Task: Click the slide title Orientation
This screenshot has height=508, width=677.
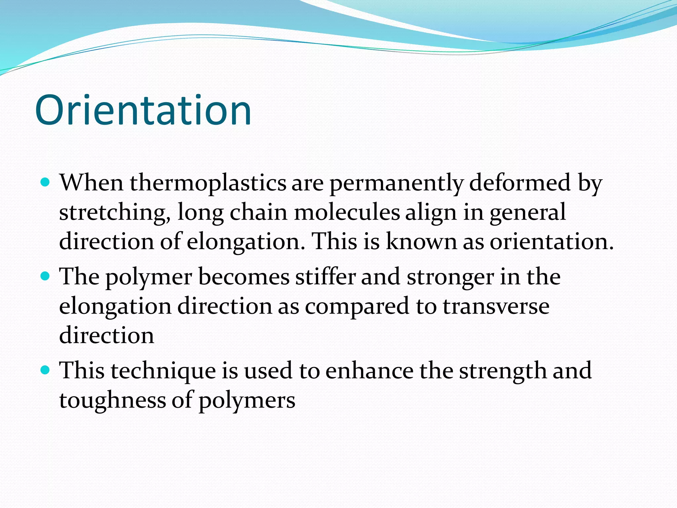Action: point(143,110)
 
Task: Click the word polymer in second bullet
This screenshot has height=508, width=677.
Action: point(148,277)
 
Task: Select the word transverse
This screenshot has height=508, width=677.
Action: point(496,306)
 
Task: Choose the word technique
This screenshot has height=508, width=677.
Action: point(163,371)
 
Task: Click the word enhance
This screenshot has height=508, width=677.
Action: point(369,370)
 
